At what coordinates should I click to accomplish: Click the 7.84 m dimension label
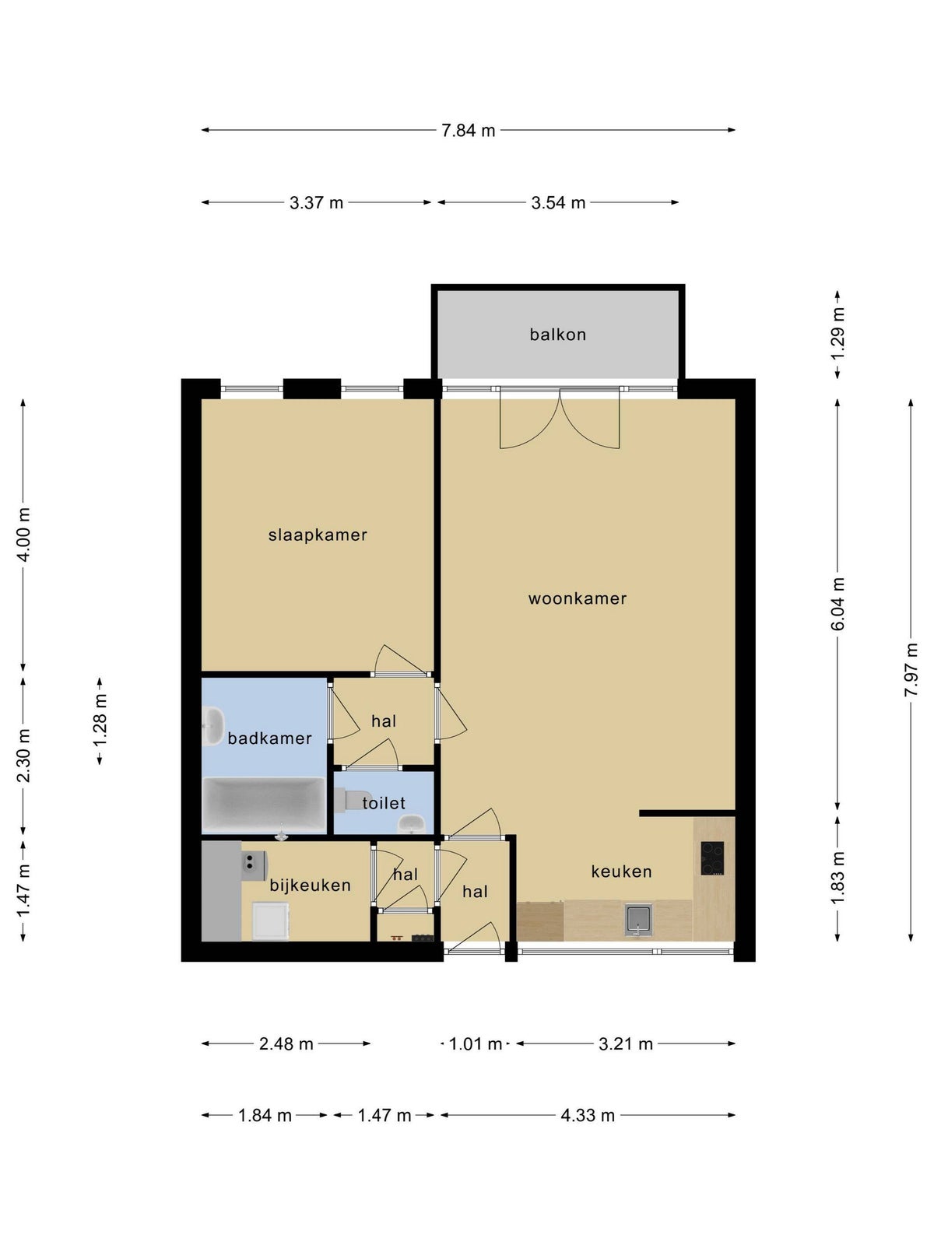[468, 131]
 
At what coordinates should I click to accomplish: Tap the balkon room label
[557, 335]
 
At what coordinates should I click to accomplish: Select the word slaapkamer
[318, 535]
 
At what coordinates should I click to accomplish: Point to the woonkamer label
[578, 598]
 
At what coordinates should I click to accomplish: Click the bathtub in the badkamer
[265, 805]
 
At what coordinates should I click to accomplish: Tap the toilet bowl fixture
[352, 800]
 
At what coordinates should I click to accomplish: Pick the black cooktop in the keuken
[712, 858]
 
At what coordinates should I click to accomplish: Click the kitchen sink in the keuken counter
[638, 920]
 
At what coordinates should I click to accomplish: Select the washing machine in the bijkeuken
[271, 921]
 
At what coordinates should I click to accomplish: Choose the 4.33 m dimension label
[588, 1116]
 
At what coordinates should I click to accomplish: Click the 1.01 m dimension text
[476, 1043]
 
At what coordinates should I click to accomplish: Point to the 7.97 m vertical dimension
[911, 670]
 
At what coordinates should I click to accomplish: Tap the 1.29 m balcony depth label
[837, 334]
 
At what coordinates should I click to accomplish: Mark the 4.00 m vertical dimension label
[23, 535]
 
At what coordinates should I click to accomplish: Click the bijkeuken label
[311, 886]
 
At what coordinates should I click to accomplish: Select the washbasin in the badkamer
[214, 726]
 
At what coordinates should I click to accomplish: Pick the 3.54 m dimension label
[558, 202]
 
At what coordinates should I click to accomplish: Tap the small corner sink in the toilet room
[411, 823]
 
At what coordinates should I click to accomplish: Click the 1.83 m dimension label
[837, 879]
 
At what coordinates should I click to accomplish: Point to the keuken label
[622, 871]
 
